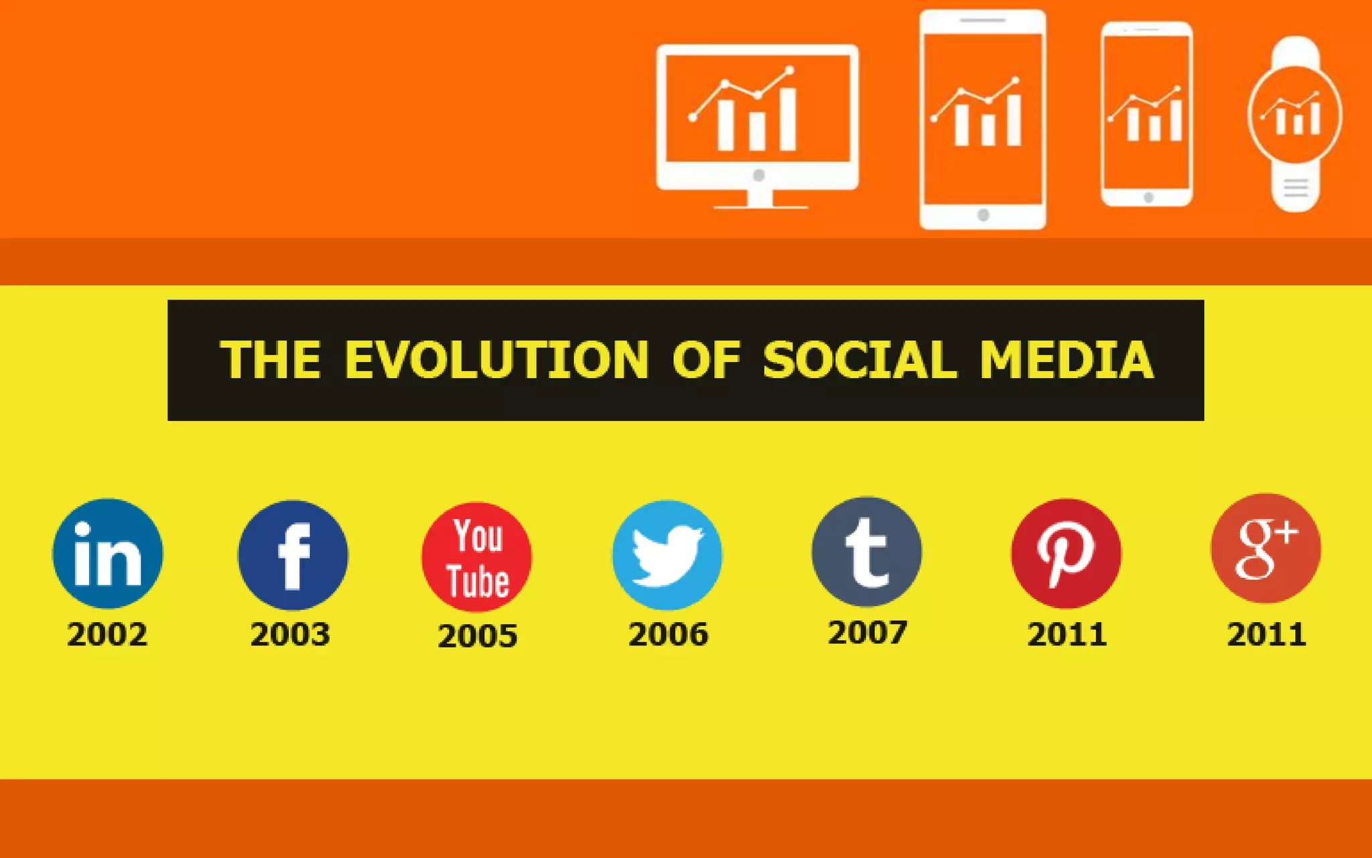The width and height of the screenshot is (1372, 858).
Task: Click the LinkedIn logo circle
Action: coord(107,554)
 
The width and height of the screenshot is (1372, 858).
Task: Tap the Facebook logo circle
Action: coord(293,555)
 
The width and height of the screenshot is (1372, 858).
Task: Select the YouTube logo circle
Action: coord(477,557)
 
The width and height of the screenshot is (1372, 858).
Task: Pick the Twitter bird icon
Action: coord(667,555)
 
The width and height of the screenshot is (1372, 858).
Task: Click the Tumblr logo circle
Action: coord(866,552)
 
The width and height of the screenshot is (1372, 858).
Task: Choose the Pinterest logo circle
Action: coord(1066,554)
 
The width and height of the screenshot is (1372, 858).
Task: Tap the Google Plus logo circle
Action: coord(1265,548)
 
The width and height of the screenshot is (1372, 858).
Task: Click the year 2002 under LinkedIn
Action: coord(107,634)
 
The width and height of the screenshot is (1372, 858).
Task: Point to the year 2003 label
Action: coord(290,634)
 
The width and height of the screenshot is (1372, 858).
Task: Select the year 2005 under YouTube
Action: coord(478,635)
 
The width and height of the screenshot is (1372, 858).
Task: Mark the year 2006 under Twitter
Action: coord(668,634)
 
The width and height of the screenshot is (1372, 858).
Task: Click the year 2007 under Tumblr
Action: coord(868,632)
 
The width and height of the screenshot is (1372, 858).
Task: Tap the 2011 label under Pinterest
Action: coord(1067,634)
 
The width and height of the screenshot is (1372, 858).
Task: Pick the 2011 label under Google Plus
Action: coord(1266,634)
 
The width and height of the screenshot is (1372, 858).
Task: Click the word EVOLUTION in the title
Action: coord(496,360)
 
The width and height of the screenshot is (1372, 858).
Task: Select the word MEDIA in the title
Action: coord(1067,360)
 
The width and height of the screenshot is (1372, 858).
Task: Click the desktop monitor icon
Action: coord(758,125)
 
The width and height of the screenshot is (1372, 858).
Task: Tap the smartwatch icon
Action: coord(1295,124)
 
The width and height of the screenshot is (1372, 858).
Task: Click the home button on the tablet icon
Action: coord(983,215)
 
